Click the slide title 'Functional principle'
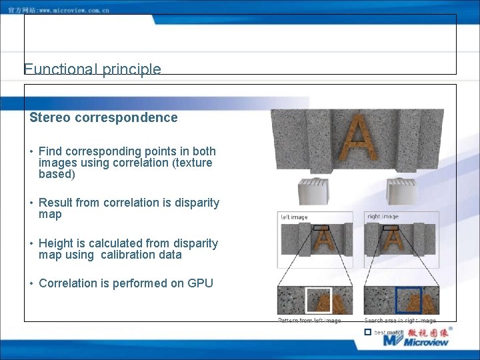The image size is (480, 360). coord(92,69)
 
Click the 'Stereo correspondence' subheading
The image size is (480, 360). coord(103,118)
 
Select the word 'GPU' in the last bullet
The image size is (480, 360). coord(201,283)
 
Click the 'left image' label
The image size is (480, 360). coord(294,217)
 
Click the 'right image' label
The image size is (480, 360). coord(383,217)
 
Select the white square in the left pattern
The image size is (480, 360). coord(319,300)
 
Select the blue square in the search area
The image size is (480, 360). coord(408,300)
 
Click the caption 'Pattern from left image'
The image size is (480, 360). coord(309,321)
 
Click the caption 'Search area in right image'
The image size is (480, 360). coord(400,321)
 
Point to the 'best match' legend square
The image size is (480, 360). coord(367,331)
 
